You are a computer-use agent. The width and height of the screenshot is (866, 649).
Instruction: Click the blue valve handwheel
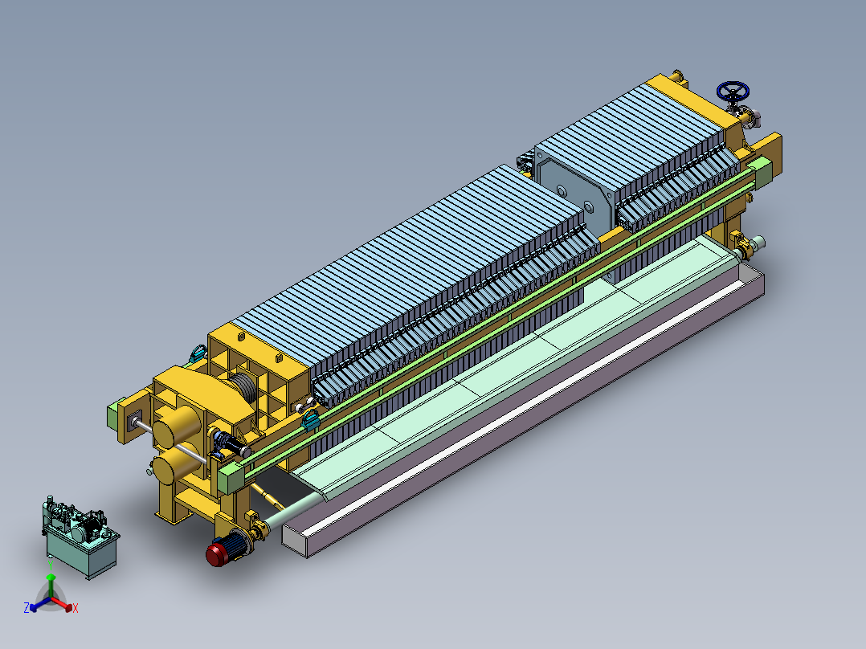click(x=733, y=91)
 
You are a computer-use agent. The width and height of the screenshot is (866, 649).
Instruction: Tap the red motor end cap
click(x=214, y=555)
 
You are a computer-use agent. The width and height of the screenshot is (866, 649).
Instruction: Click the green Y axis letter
click(x=51, y=566)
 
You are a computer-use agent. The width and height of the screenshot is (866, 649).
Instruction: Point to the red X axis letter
click(x=76, y=608)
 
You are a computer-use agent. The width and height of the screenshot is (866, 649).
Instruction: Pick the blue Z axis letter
click(x=27, y=607)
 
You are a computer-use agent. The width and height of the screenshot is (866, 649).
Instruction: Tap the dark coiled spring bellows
click(x=243, y=386)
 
